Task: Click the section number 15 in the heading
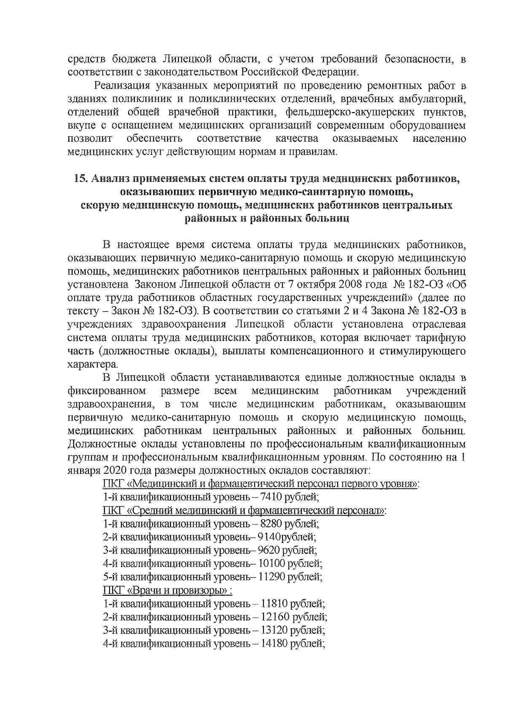pyautogui.click(x=79, y=179)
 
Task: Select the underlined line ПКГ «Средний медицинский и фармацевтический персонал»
pyautogui.click(x=244, y=511)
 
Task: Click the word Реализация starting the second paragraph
pyautogui.click(x=122, y=86)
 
